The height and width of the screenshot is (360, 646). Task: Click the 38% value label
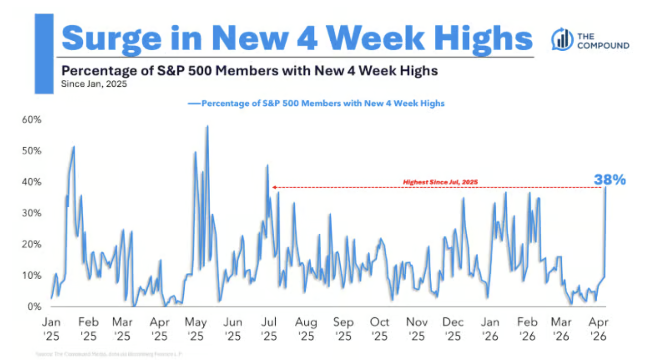click(610, 180)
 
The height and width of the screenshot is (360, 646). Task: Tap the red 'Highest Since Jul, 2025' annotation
click(440, 182)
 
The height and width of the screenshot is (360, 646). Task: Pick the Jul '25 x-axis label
click(268, 328)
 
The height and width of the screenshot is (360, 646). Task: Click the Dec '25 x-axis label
click(452, 328)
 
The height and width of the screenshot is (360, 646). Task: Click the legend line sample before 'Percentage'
click(194, 103)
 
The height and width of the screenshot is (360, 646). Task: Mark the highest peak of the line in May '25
click(207, 126)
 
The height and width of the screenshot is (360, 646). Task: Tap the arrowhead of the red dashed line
click(274, 187)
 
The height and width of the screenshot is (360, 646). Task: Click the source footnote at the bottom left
click(109, 354)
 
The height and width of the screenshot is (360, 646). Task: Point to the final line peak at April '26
click(606, 188)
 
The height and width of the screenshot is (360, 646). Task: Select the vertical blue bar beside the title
click(44, 53)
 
